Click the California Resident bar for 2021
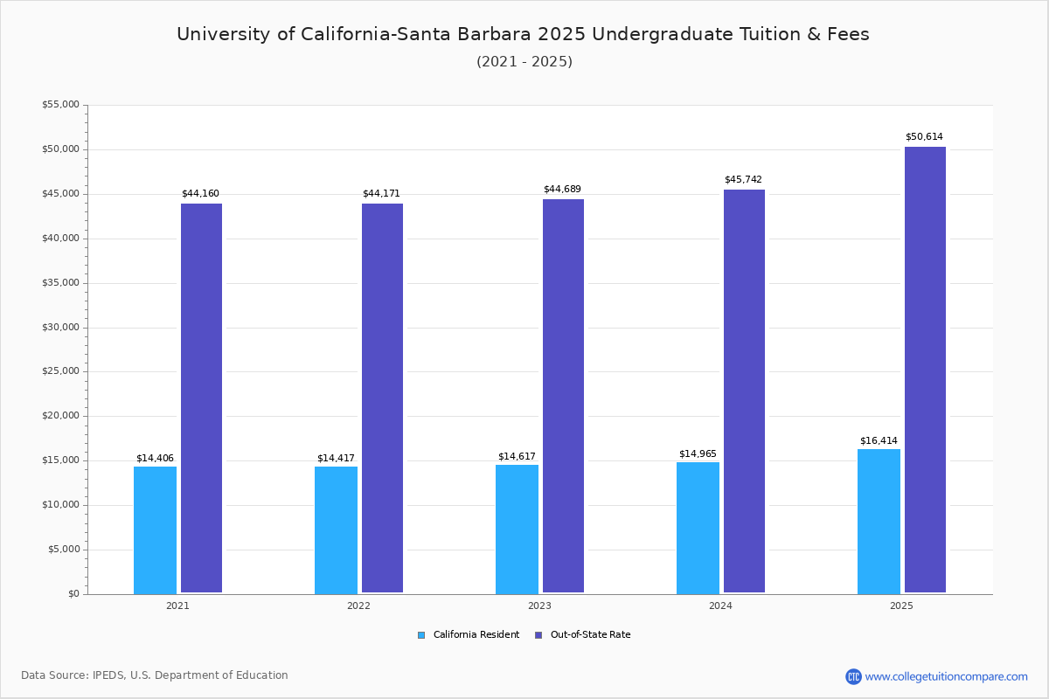[x=155, y=529]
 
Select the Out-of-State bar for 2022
[x=382, y=398]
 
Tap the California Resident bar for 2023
[x=517, y=529]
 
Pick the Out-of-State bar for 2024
[x=744, y=391]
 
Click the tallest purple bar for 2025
[x=925, y=370]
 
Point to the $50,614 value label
[x=924, y=137]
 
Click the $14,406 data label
[x=155, y=458]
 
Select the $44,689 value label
[x=562, y=189]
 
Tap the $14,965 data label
[x=698, y=453]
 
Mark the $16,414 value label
[x=879, y=440]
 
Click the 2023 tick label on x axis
[x=539, y=606]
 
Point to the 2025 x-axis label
[x=901, y=606]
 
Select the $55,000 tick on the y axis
[x=60, y=105]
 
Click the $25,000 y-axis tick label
[x=60, y=371]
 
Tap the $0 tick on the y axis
[x=73, y=594]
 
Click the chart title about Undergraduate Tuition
[x=523, y=34]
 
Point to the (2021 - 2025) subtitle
[x=524, y=61]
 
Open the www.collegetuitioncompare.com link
[x=946, y=676]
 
